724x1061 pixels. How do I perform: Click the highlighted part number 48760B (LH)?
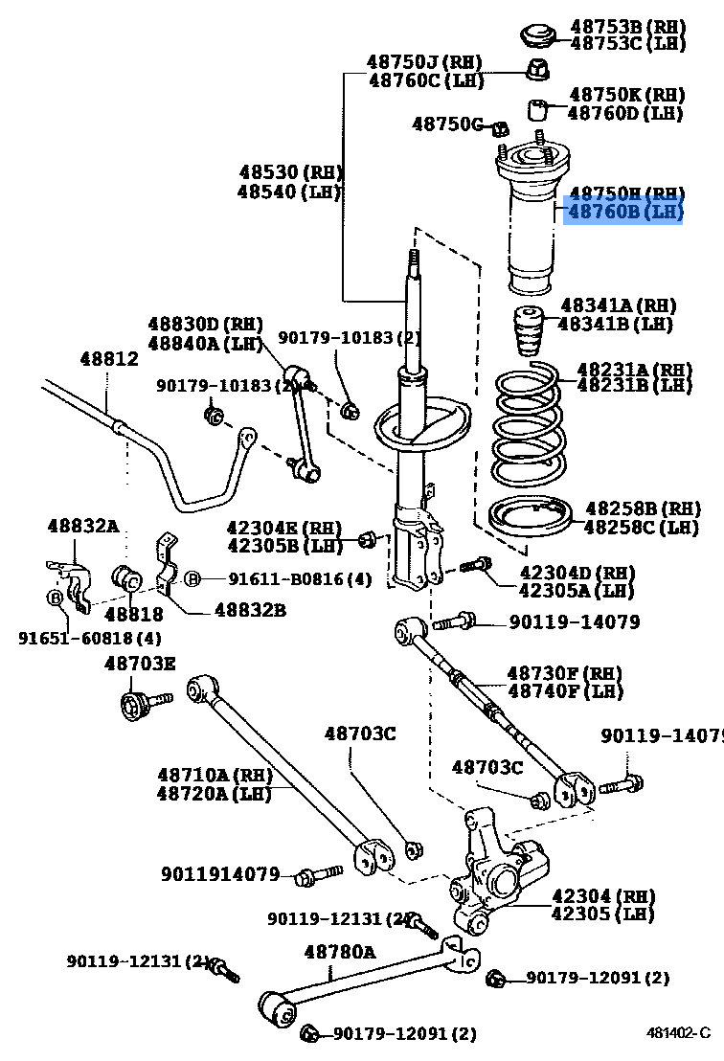(x=624, y=212)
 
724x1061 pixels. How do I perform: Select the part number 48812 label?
(x=108, y=359)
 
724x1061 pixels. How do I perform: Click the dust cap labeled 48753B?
(x=538, y=35)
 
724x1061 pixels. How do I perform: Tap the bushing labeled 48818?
(x=127, y=579)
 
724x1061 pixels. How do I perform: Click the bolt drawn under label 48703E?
(x=138, y=706)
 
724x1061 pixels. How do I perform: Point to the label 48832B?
(x=249, y=609)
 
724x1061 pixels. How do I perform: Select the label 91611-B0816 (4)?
(x=298, y=578)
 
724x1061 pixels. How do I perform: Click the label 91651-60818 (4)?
(x=90, y=637)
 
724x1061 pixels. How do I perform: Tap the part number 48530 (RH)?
(x=290, y=172)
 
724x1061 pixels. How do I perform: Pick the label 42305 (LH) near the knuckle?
(x=602, y=914)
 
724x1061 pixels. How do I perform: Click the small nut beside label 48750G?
(x=499, y=127)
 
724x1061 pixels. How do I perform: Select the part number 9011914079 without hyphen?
(x=220, y=873)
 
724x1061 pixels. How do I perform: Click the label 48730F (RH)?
(x=564, y=673)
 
